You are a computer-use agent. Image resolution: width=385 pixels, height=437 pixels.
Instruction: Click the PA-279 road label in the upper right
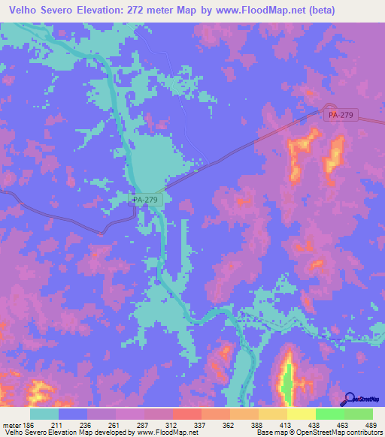[x=343, y=115]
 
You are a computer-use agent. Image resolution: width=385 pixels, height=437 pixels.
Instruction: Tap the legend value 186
[x=29, y=424]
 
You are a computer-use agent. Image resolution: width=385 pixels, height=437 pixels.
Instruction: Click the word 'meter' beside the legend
[x=11, y=424]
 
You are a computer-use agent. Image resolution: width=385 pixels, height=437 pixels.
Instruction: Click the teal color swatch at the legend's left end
[x=44, y=414]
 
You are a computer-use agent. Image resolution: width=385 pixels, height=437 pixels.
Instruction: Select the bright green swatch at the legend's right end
[x=358, y=414]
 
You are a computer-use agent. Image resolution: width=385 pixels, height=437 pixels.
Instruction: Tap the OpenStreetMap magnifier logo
[x=350, y=399]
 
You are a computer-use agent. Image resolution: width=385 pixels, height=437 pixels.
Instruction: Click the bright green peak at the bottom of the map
[x=286, y=383]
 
